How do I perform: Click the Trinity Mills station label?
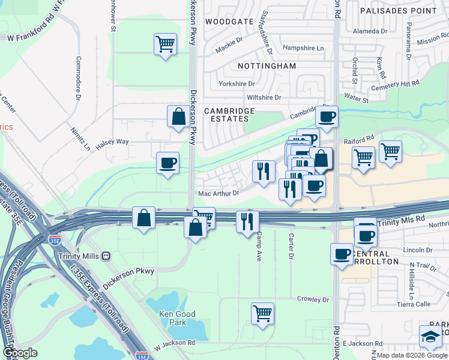[74, 256]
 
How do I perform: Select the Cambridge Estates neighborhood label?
[229, 115]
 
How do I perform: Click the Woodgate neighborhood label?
[229, 21]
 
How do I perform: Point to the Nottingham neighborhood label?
[267, 65]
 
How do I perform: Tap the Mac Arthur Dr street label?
[218, 193]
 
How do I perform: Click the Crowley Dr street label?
[313, 299]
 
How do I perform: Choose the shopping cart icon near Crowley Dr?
[263, 313]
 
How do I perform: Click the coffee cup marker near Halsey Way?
[167, 163]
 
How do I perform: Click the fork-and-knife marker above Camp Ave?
[247, 221]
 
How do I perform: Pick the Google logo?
[20, 353]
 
